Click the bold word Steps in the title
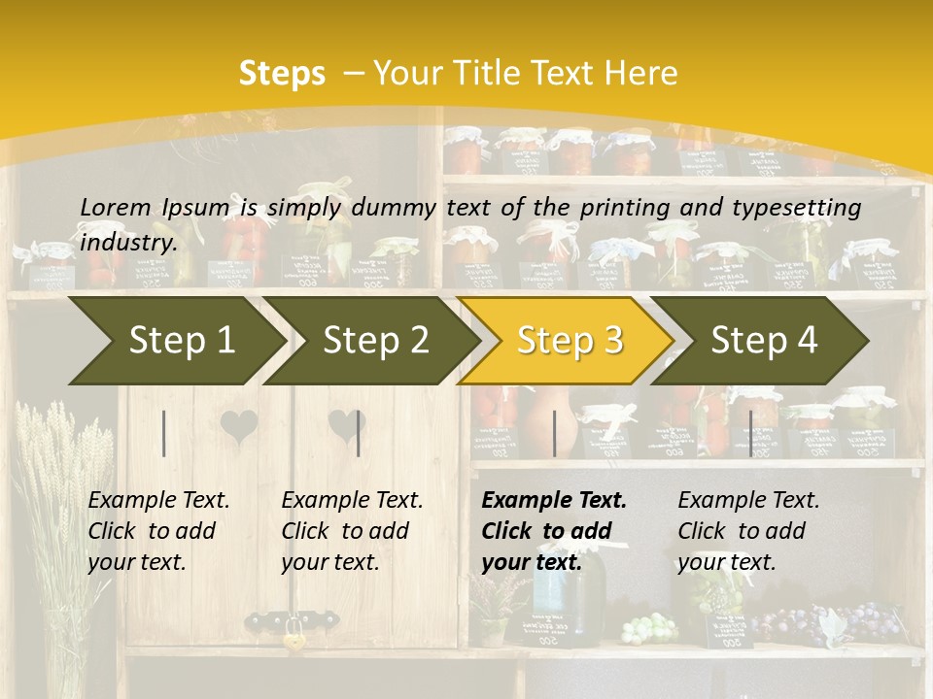[x=282, y=74]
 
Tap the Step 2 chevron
[x=375, y=341]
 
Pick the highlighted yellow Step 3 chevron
[x=570, y=341]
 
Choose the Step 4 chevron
[x=764, y=341]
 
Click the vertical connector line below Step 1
[x=164, y=433]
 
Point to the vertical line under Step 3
[x=554, y=433]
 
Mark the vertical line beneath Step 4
[x=750, y=433]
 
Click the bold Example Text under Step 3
[x=554, y=501]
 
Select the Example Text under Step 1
[x=158, y=501]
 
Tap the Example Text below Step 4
[x=748, y=501]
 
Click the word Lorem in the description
[x=116, y=207]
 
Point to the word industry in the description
[x=128, y=243]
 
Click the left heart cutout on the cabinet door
[x=238, y=426]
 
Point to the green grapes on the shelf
[x=648, y=629]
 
